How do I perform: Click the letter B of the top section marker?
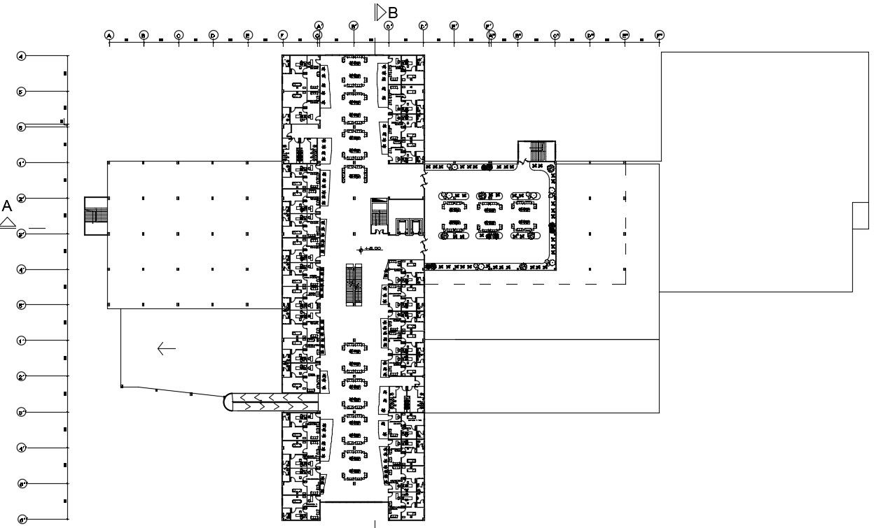(x=393, y=13)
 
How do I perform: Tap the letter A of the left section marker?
(x=7, y=206)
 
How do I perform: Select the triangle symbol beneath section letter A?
(x=8, y=223)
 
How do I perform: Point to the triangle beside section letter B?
(x=380, y=12)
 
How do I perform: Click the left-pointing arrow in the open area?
(x=166, y=348)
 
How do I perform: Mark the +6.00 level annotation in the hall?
(x=371, y=249)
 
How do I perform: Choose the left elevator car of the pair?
(x=403, y=227)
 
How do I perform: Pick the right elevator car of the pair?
(x=416, y=227)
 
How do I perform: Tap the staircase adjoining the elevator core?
(x=378, y=215)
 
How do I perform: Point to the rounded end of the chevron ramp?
(x=228, y=402)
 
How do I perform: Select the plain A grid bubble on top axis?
(x=109, y=35)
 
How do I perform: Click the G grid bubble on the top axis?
(x=317, y=35)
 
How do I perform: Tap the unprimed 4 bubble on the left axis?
(x=22, y=56)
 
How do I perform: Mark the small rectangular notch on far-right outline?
(x=860, y=215)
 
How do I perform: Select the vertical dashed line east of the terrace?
(x=625, y=224)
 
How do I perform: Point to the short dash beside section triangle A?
(x=36, y=229)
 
